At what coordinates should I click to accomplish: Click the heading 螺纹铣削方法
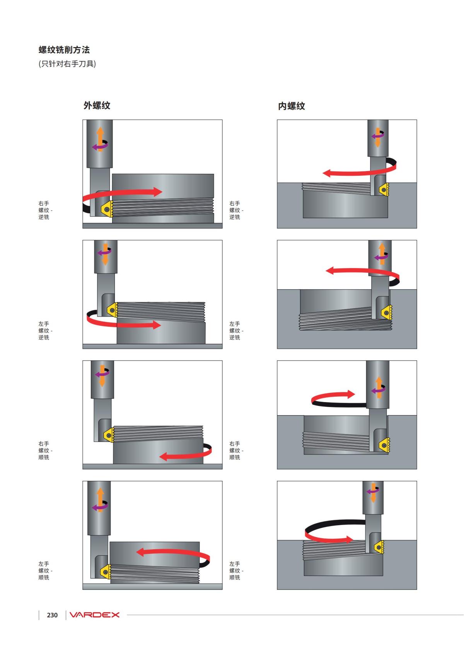point(64,50)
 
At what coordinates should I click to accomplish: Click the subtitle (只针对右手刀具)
point(67,64)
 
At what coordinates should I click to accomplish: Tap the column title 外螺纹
point(97,105)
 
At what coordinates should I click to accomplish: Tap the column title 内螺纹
point(292,106)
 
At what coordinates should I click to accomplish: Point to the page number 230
point(52,615)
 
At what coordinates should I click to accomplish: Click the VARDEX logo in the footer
point(94,615)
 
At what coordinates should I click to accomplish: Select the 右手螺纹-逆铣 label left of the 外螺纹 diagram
point(45,210)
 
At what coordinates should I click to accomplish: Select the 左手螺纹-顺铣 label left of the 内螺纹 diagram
point(236,570)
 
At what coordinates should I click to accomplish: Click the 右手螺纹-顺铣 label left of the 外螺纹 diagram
point(45,450)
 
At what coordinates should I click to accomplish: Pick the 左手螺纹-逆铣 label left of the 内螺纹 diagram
point(236,331)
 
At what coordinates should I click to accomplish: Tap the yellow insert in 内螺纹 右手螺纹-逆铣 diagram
point(384,190)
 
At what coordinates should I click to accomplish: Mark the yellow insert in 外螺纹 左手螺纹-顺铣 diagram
point(106,572)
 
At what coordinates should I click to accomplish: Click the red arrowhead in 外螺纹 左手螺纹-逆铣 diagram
point(157,325)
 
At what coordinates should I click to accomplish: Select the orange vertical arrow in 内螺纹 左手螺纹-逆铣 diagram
point(382,254)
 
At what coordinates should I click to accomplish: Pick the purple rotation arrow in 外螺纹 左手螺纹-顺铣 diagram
point(100,506)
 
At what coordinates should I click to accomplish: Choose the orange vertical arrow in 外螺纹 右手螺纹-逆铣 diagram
point(100,139)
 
